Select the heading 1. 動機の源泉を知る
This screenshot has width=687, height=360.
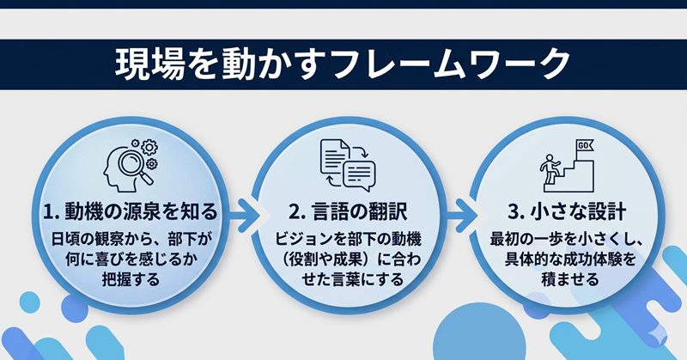pos(130,211)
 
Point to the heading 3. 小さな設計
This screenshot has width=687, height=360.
pos(563,211)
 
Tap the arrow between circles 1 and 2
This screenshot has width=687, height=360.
pos(243,211)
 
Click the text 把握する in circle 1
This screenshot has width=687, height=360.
pos(129,280)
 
